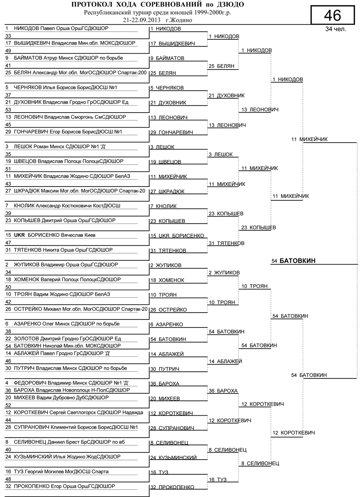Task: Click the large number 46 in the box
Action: click(x=332, y=15)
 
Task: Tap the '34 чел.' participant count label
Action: click(x=335, y=29)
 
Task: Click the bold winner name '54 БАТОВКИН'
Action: click(x=294, y=261)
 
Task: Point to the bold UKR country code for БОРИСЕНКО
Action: click(x=20, y=235)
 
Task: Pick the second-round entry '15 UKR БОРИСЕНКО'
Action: click(x=177, y=236)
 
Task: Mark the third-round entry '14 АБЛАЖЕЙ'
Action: click(x=225, y=361)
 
